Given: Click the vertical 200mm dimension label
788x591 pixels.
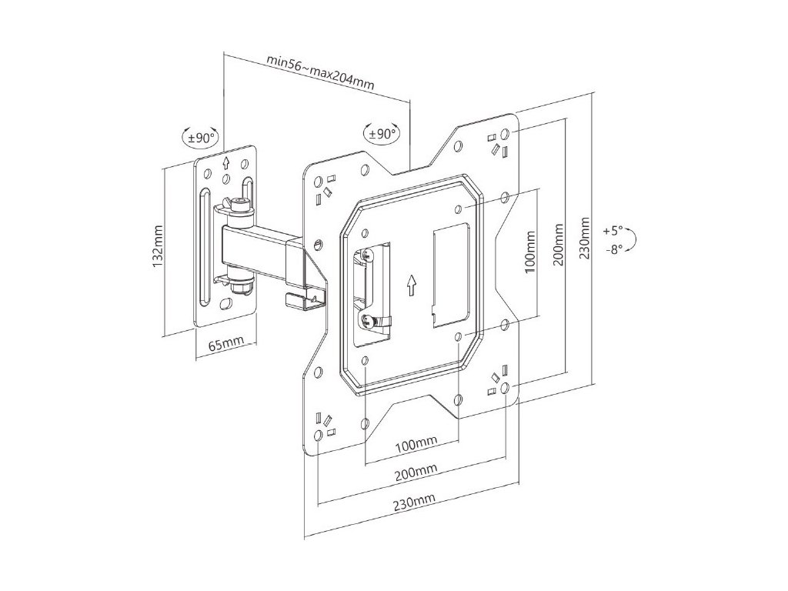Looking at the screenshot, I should tap(559, 245).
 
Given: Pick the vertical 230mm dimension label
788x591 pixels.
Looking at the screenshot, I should tap(586, 238).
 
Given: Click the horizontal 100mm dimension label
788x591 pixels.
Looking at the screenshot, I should tap(416, 444).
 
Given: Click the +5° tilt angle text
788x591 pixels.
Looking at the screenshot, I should tap(613, 230).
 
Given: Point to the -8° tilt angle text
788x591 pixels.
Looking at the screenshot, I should tap(613, 249).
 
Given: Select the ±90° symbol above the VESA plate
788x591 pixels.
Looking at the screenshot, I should tap(382, 132).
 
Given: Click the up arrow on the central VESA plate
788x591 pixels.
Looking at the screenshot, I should tap(412, 285).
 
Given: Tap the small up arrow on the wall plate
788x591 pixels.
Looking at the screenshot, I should tap(226, 163).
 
